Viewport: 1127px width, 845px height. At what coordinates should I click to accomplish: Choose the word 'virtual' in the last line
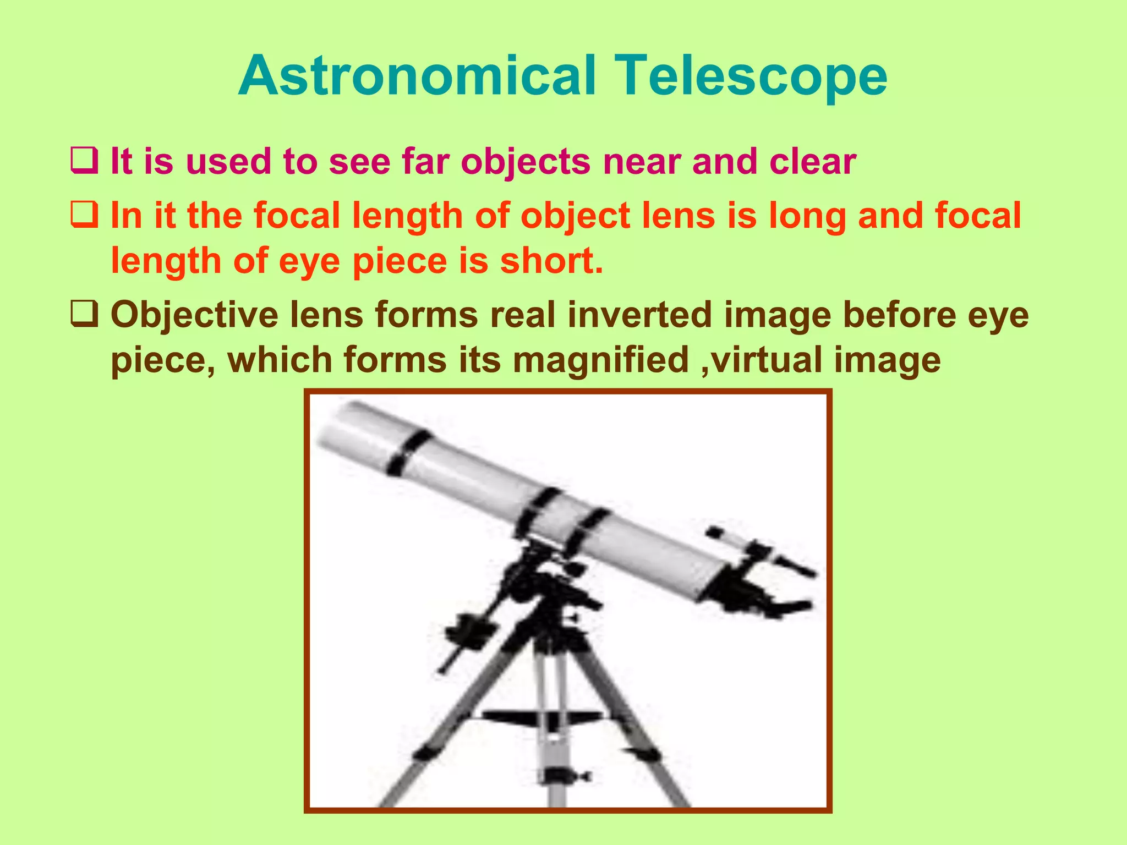pyautogui.click(x=768, y=360)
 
